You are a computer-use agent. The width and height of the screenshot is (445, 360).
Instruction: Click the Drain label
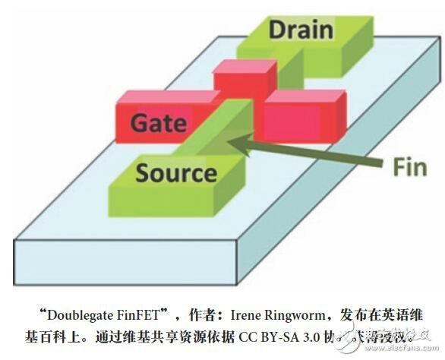(301, 30)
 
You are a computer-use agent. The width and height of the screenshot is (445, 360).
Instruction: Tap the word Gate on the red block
(160, 123)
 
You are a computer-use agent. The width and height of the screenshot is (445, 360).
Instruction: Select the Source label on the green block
(175, 173)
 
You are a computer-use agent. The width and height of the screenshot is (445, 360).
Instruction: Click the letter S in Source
(144, 173)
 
